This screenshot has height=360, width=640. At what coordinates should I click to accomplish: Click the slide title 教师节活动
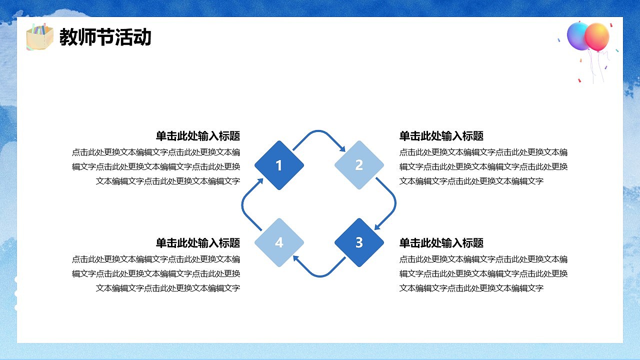[x=105, y=37]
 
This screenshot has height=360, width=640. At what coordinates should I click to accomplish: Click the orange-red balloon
[x=597, y=36]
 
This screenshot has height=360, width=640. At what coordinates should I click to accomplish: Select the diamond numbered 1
[x=279, y=165]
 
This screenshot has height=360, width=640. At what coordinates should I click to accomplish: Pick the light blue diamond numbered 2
[x=359, y=165]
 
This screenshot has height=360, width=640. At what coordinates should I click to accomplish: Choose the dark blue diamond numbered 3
[x=359, y=242]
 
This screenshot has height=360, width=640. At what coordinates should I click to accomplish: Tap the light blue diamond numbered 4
[x=279, y=242]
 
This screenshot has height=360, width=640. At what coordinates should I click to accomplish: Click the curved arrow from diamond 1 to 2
[x=319, y=134]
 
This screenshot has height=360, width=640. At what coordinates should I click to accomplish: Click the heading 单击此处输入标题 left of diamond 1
[x=198, y=136]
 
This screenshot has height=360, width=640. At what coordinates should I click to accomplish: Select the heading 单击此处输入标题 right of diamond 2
[x=441, y=136]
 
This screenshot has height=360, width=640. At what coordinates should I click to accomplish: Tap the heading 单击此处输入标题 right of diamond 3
[x=441, y=243]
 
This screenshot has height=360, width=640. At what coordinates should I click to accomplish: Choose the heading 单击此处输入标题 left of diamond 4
[x=198, y=243]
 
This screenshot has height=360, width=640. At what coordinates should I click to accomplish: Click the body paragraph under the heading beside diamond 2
[x=483, y=166]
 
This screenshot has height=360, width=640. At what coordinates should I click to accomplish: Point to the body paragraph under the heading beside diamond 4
[x=156, y=273]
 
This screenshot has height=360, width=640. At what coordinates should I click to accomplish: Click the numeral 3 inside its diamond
[x=359, y=242]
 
